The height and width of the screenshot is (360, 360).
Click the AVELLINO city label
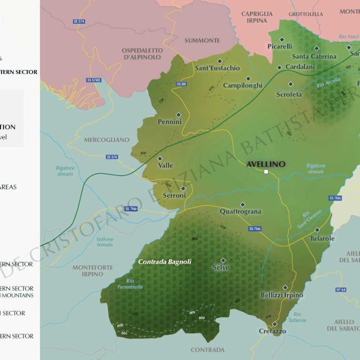point(265,164)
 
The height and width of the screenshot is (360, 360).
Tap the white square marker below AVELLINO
point(266,172)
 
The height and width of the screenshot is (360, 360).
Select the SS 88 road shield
point(181,84)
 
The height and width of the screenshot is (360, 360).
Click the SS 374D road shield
point(94,80)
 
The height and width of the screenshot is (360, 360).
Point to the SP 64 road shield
point(340,290)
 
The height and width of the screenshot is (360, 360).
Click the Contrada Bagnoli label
point(165,262)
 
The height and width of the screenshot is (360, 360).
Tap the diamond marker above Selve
point(223,260)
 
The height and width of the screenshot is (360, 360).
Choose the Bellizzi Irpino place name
point(282,295)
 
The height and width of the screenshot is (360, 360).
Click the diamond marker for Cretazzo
point(275,324)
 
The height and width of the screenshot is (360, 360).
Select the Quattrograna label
point(240,211)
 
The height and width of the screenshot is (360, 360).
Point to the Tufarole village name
point(322,238)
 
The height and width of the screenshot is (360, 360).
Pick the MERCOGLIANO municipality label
point(107,139)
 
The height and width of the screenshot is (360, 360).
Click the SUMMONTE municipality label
point(202,41)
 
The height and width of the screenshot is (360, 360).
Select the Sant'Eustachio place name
point(217,68)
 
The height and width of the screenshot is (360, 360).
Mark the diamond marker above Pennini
point(178,115)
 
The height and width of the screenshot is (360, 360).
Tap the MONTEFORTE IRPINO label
point(88,271)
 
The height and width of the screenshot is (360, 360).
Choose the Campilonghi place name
point(243,85)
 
